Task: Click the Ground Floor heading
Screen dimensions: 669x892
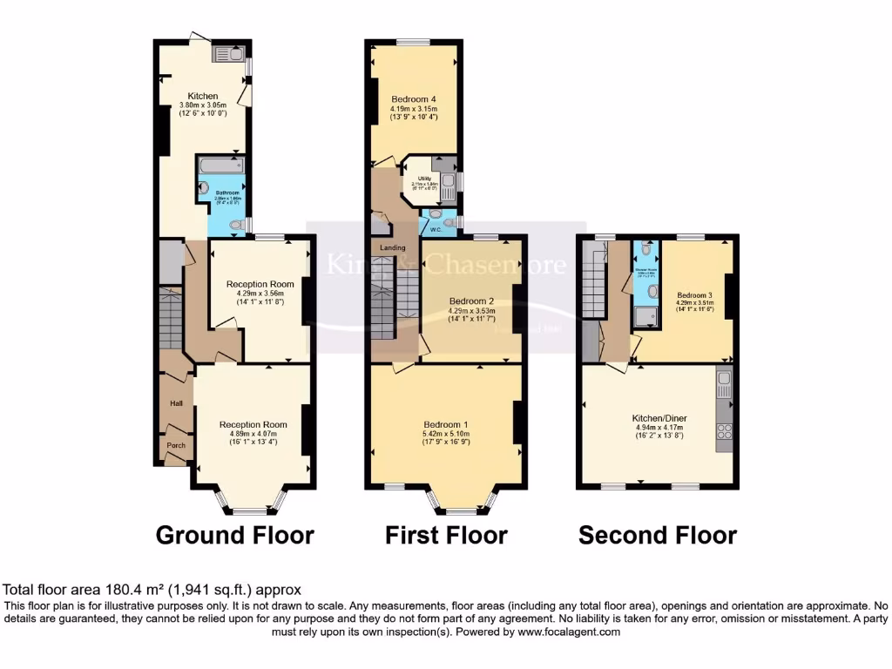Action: point(234,535)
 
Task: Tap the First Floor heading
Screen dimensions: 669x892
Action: point(446,535)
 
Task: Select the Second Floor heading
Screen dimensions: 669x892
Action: point(658,535)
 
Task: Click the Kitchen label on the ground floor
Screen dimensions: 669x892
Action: point(202,96)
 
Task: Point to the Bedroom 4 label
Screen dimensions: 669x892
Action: point(414,98)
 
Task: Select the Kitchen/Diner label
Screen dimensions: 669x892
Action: point(660,418)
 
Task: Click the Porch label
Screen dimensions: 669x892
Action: point(176,444)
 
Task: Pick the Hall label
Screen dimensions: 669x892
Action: point(176,403)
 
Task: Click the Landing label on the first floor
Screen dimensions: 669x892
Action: point(392,248)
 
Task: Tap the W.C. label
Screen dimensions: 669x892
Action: point(433,229)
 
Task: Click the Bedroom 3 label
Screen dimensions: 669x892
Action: point(694,294)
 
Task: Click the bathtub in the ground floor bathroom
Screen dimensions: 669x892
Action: point(220,166)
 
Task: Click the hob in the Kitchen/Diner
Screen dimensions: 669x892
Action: point(723,431)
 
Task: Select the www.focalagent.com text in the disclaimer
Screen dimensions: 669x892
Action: point(571,632)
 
